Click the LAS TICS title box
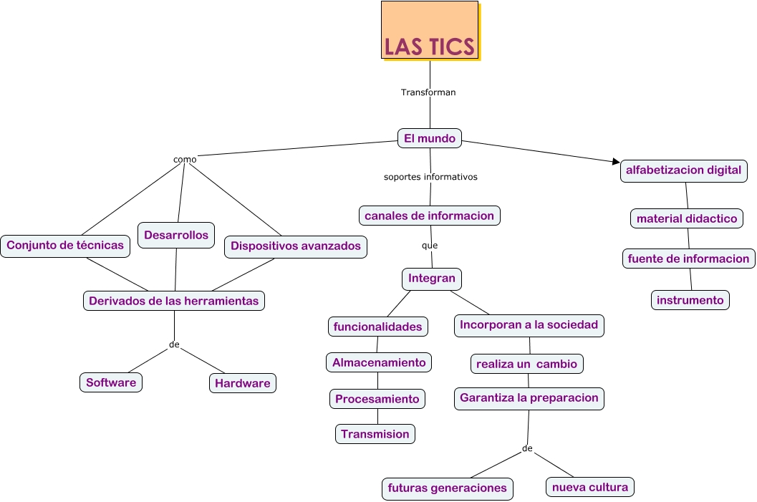click(x=429, y=31)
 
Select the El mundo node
click(x=430, y=138)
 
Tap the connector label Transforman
click(x=428, y=92)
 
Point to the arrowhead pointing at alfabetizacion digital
click(x=615, y=162)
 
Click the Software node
click(x=111, y=382)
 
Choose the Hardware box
click(x=243, y=383)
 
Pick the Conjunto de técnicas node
click(x=65, y=246)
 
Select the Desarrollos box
click(x=176, y=235)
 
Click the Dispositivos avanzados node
click(x=296, y=246)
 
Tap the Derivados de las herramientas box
click(x=174, y=301)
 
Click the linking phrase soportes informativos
click(x=430, y=176)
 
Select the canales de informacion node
click(x=429, y=216)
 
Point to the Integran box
click(x=432, y=279)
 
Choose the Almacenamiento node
click(x=379, y=362)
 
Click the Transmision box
click(x=375, y=434)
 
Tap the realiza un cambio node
click(x=526, y=364)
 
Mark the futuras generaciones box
click(x=448, y=488)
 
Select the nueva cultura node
click(x=590, y=488)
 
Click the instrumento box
click(x=690, y=300)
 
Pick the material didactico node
click(x=687, y=218)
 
